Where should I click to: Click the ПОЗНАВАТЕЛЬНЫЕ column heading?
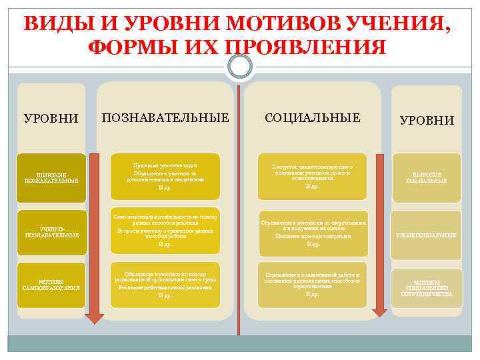click(165, 118)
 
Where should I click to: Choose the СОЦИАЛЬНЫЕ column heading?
click(312, 118)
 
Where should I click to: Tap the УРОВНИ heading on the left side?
click(51, 119)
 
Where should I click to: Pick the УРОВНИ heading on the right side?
click(427, 121)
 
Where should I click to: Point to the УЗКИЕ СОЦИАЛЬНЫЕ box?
click(427, 235)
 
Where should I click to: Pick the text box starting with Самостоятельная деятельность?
click(165, 231)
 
